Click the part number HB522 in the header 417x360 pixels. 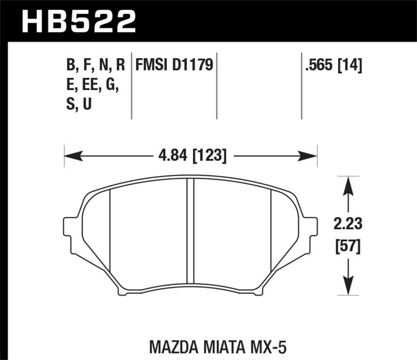[x=78, y=21]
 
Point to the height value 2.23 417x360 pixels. [x=345, y=225]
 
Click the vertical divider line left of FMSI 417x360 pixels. [x=131, y=86]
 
